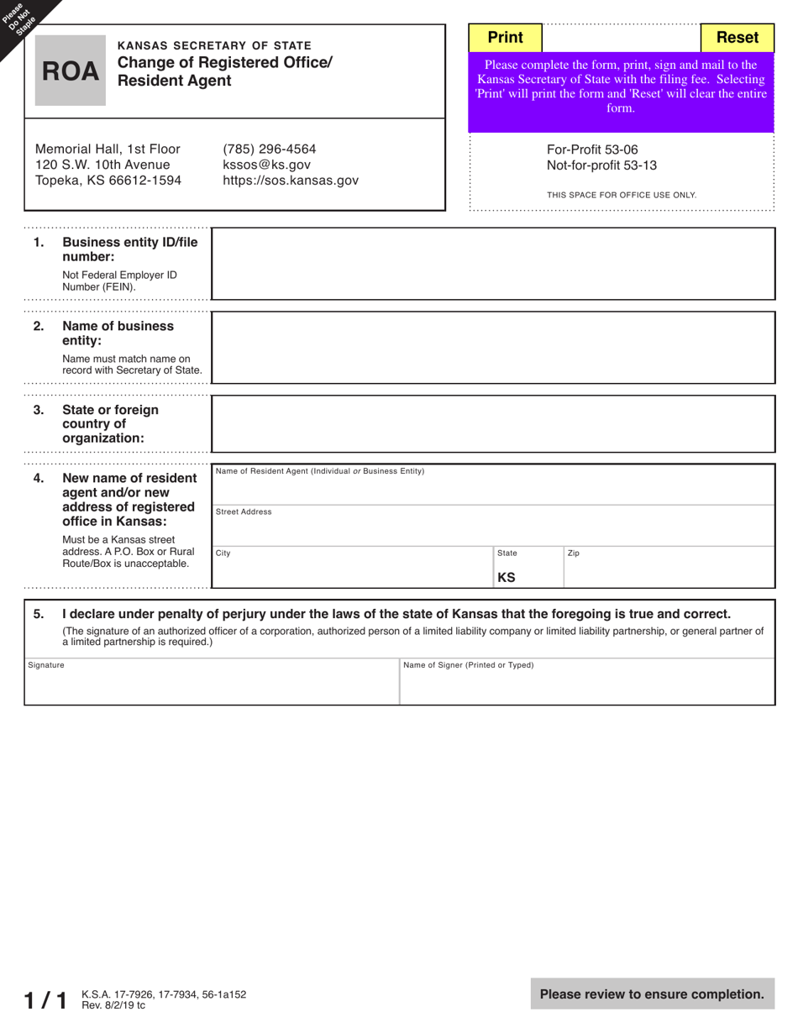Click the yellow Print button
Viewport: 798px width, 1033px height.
tap(505, 38)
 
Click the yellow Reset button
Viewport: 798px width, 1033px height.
tap(737, 38)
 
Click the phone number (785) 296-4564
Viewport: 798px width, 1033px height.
tap(270, 149)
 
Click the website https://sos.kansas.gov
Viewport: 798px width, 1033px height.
tap(290, 181)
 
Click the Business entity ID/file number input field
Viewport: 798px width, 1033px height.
tap(492, 264)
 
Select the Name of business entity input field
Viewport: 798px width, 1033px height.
tap(492, 348)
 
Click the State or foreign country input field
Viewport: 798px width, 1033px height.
tap(492, 424)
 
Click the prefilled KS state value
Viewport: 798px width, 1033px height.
tap(507, 578)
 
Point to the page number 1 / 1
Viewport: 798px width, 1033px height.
tap(45, 999)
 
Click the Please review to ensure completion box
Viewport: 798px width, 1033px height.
tap(652, 994)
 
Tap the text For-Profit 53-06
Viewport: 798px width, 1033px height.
tap(592, 150)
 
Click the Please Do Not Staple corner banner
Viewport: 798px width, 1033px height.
tap(21, 18)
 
